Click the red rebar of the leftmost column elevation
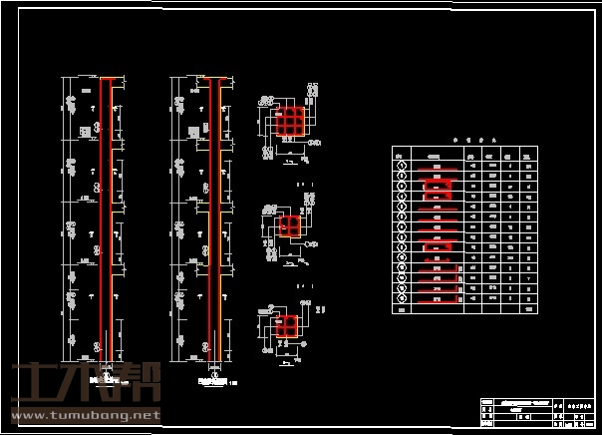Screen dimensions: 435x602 point(105,219)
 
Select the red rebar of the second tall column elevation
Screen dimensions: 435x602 point(213,219)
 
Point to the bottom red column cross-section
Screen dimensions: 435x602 point(288,326)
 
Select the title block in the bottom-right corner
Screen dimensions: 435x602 point(536,410)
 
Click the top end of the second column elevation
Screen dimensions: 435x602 point(214,78)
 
